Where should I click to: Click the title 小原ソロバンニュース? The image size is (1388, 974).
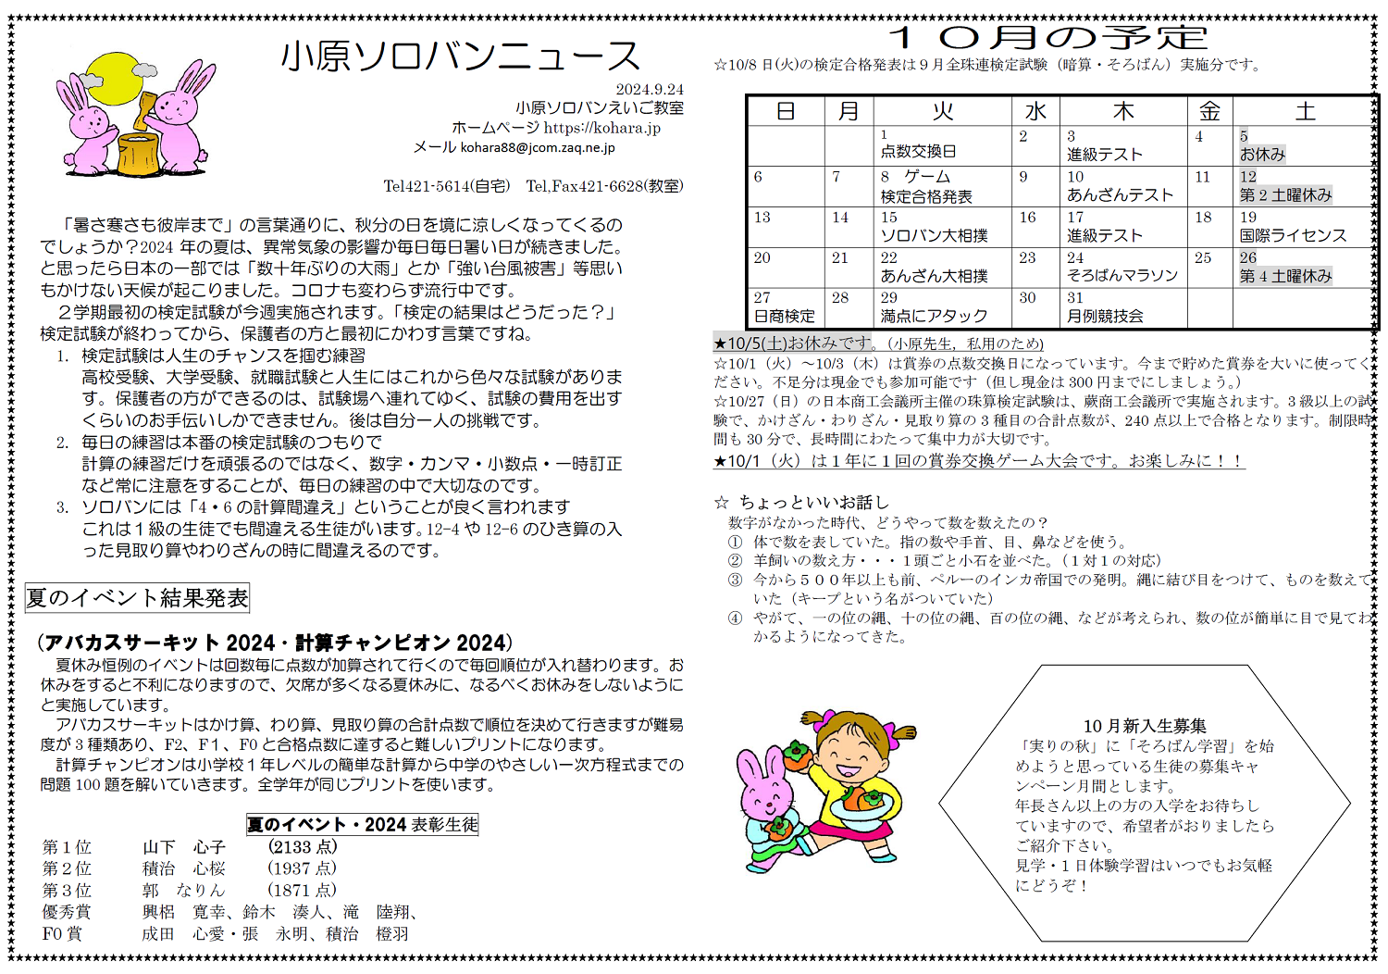pyautogui.click(x=460, y=56)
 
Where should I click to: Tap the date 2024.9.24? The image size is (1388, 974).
pyautogui.click(x=650, y=89)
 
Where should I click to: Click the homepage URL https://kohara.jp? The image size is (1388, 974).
pyautogui.click(x=601, y=128)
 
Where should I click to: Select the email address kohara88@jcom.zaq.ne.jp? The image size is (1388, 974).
pyautogui.click(x=538, y=147)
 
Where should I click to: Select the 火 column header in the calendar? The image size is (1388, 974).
pyautogui.click(x=942, y=111)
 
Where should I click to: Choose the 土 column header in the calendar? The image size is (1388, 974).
pyautogui.click(x=1305, y=111)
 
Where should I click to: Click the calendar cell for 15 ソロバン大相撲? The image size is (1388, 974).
pyautogui.click(x=942, y=227)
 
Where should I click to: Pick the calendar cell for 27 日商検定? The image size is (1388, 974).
pyautogui.click(x=785, y=307)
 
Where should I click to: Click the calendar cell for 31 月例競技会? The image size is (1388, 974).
pyautogui.click(x=1122, y=307)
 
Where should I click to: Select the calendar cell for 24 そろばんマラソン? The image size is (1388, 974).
pyautogui.click(x=1122, y=267)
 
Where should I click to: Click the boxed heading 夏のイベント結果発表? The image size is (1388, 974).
pyautogui.click(x=137, y=598)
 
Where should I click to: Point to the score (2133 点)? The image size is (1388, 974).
pyautogui.click(x=303, y=846)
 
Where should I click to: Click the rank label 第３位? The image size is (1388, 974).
pyautogui.click(x=67, y=890)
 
